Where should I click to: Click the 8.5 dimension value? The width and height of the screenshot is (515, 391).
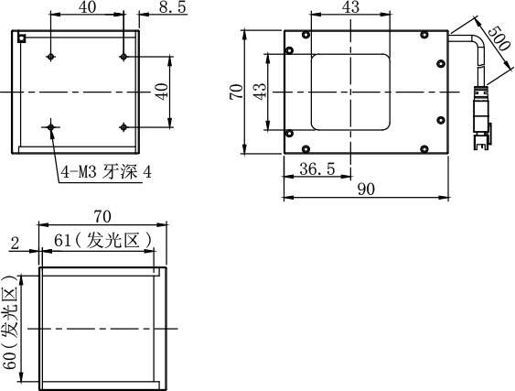tap(173, 7)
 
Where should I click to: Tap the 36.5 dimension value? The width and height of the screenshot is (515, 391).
tap(317, 169)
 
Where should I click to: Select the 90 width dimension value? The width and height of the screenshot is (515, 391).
tap(366, 190)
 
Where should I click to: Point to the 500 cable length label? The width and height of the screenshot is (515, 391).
tap(499, 38)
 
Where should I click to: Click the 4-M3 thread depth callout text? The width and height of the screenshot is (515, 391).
tap(107, 171)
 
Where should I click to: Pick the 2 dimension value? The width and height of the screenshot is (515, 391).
tap(16, 244)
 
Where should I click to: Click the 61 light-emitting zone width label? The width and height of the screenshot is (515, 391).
tap(103, 241)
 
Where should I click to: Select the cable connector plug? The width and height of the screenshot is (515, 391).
tap(482, 117)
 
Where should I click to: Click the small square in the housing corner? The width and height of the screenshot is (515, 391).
tap(22, 38)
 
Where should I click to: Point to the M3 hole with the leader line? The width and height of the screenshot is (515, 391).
tap(50, 127)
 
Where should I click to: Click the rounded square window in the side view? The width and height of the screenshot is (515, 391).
tap(350, 92)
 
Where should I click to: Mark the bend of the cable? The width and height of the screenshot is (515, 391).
tap(480, 41)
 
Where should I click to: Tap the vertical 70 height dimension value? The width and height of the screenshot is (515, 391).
tap(237, 92)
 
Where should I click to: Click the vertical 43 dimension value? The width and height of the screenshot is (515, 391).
tap(260, 92)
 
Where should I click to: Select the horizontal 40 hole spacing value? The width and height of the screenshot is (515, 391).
tap(88, 7)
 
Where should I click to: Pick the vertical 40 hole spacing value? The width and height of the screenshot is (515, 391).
tap(162, 92)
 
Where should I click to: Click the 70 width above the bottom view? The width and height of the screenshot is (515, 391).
tap(102, 216)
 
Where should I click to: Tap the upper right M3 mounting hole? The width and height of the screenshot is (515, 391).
tap(123, 57)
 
